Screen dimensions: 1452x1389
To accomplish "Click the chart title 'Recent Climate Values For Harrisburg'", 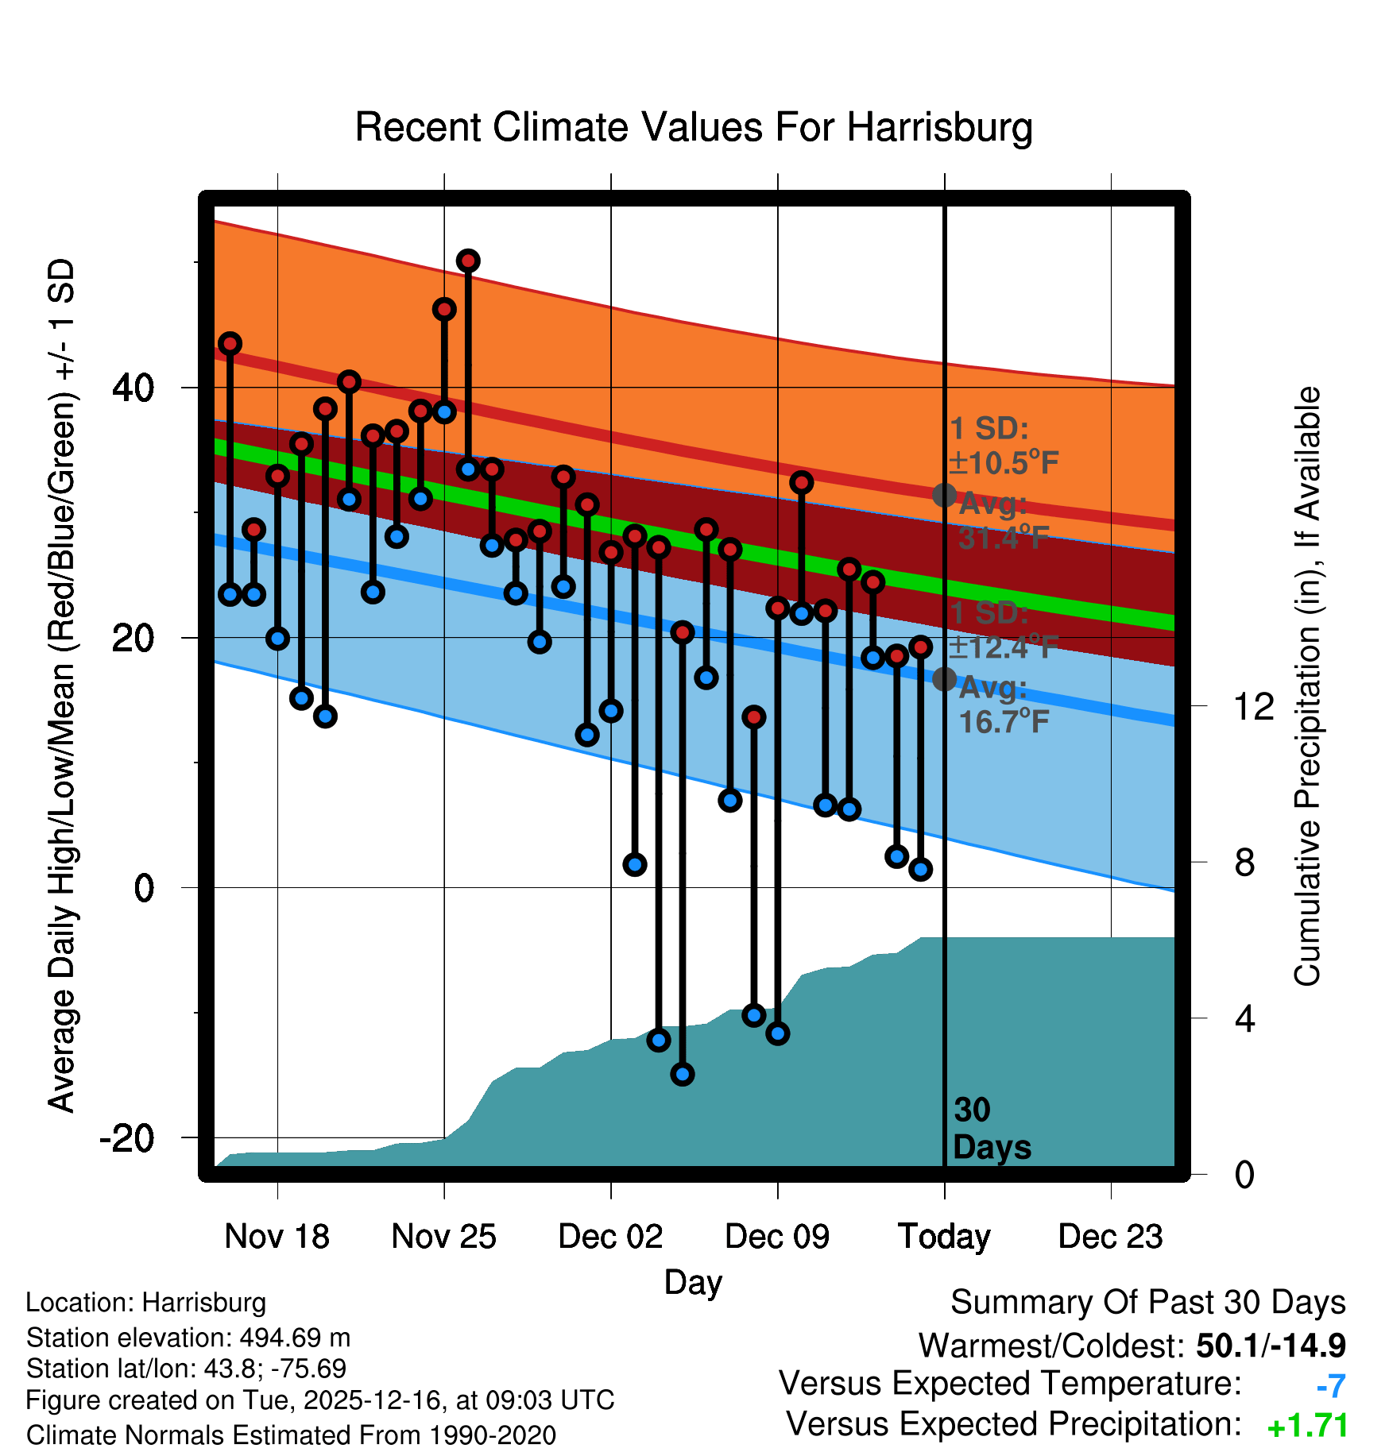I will click(x=694, y=127).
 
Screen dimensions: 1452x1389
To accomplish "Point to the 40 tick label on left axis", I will click(x=133, y=388).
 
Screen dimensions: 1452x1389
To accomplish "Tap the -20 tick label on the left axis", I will click(x=127, y=1138).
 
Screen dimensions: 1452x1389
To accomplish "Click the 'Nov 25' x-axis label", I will click(x=443, y=1237).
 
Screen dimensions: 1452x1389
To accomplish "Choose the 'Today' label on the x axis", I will click(x=944, y=1237).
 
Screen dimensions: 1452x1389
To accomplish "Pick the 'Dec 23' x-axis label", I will click(x=1110, y=1237).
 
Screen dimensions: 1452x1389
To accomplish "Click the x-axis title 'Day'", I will click(x=693, y=1281).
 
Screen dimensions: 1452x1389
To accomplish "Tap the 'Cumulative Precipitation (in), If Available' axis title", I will click(x=1307, y=687).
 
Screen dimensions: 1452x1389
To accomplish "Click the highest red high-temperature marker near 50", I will click(x=468, y=261).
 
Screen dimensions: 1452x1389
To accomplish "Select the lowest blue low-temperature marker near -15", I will click(x=683, y=1075).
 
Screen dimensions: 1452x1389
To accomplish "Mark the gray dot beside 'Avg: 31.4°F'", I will click(x=944, y=495).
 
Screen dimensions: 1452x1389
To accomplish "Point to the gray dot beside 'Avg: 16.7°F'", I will click(x=944, y=679).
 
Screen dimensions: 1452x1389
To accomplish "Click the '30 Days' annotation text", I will click(x=991, y=1129).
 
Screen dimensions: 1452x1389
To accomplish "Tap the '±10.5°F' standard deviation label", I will click(x=1004, y=463).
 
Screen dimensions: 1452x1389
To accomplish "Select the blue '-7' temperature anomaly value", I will click(x=1331, y=1386).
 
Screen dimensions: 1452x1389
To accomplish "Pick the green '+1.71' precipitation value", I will click(x=1308, y=1426).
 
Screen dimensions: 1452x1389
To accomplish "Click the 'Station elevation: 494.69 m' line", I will click(x=188, y=1338).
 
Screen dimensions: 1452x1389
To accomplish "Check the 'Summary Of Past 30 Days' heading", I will click(x=1147, y=1303).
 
